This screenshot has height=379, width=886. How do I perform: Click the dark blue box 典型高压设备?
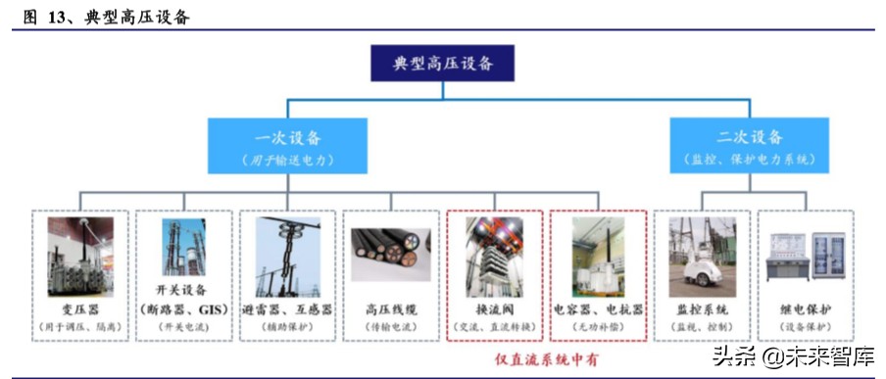442,64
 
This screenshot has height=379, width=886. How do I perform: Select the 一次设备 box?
286,146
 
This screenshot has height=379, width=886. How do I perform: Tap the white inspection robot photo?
702,257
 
